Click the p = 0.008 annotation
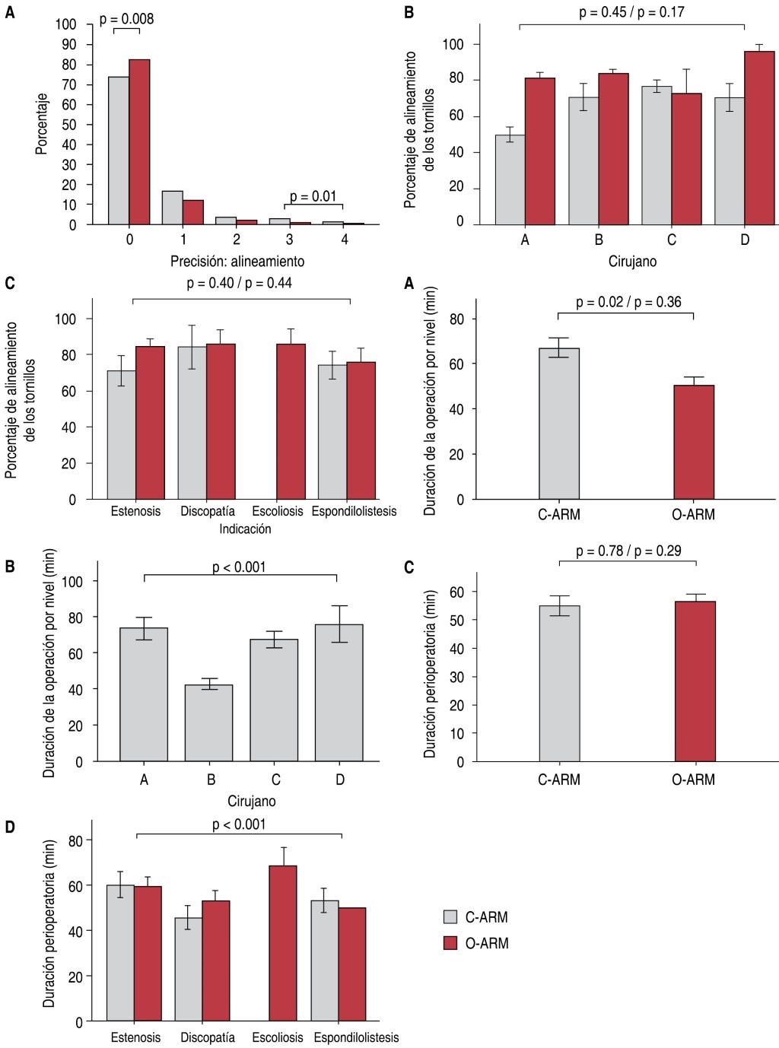[126, 18]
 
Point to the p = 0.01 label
[313, 196]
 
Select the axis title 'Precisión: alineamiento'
[237, 261]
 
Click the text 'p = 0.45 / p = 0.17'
[631, 13]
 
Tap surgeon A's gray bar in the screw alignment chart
[510, 179]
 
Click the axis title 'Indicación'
[245, 529]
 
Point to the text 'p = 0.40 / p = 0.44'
[240, 284]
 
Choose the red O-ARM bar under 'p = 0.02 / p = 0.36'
[694, 442]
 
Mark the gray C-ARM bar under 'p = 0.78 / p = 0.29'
[559, 683]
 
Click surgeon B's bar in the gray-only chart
[211, 722]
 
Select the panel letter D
[10, 827]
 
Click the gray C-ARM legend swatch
[450, 916]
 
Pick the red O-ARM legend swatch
[450, 943]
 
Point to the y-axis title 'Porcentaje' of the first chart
[43, 123]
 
